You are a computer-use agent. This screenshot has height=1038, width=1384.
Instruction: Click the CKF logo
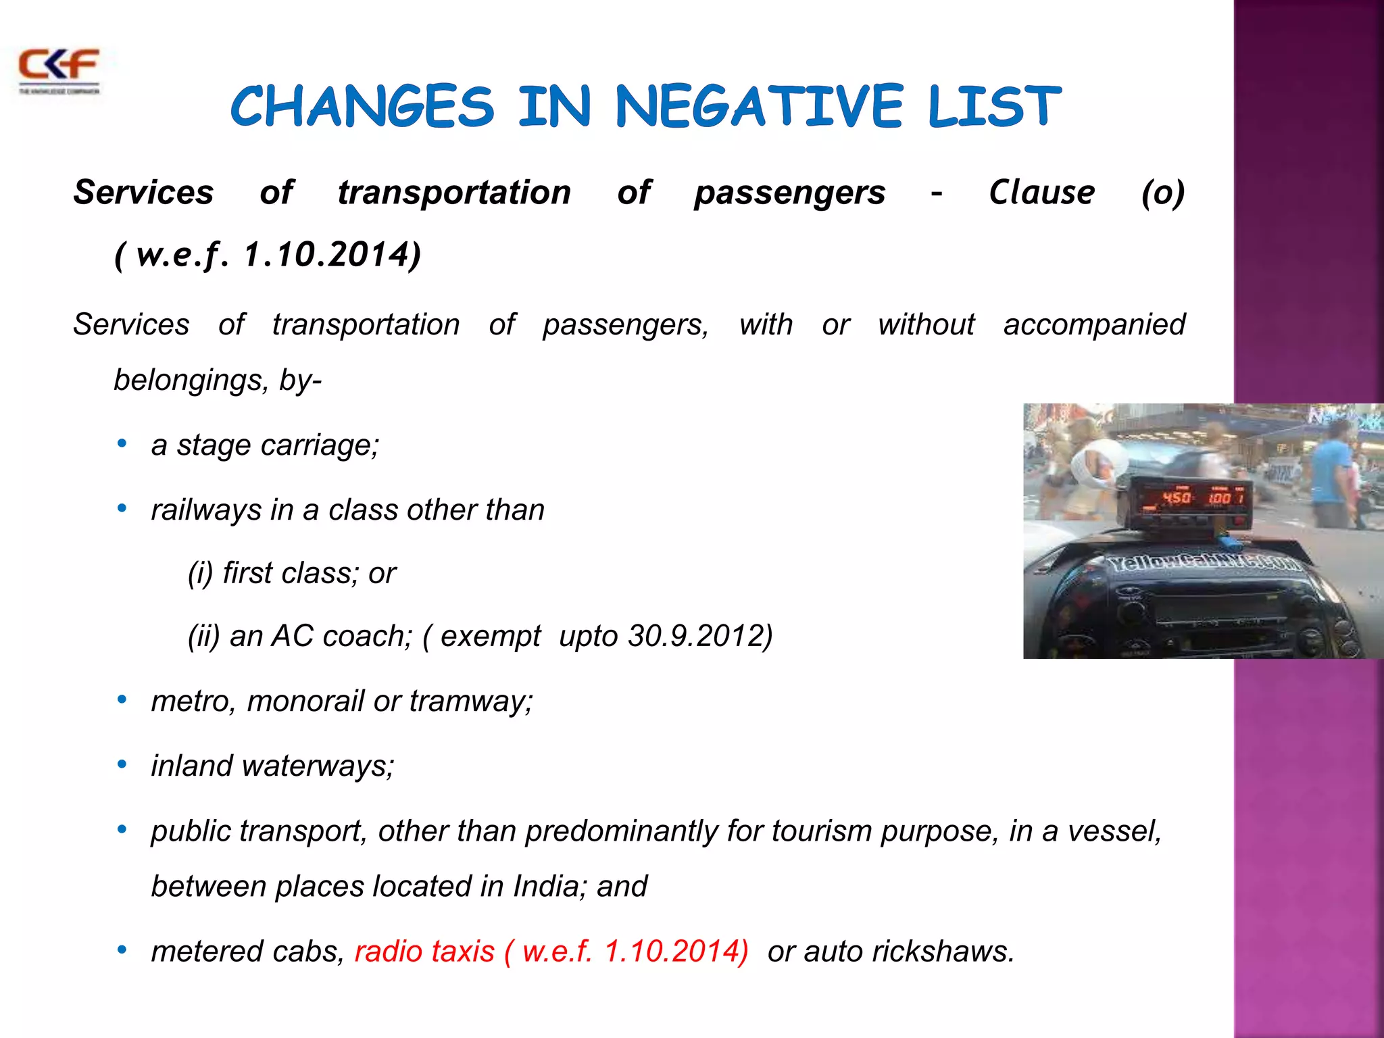(59, 70)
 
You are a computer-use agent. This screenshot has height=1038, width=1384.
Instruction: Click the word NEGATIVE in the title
(759, 107)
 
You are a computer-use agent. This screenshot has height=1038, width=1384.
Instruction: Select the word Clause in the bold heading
(1041, 193)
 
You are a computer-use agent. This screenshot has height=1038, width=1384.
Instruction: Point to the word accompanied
(1094, 324)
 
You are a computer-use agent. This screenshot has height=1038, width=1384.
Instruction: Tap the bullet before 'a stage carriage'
(122, 444)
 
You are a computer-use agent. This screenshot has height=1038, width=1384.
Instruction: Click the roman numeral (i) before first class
(201, 573)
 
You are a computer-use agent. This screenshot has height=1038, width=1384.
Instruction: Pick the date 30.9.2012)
(700, 636)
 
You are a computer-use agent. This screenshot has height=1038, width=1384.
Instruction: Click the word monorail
(305, 701)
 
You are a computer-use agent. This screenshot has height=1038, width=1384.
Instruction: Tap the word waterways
(318, 766)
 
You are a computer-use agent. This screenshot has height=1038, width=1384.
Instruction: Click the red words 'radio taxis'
(424, 951)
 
